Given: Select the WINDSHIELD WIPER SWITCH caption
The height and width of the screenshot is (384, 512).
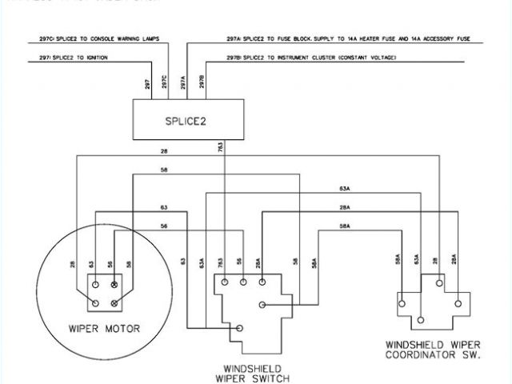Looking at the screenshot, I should (x=251, y=373).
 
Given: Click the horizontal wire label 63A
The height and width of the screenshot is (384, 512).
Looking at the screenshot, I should (x=345, y=190).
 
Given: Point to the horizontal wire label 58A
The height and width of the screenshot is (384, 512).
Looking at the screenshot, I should (x=345, y=227).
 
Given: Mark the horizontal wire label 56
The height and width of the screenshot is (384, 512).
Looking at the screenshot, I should (x=163, y=227).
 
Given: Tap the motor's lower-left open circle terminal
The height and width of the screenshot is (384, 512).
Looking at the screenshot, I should (x=95, y=302).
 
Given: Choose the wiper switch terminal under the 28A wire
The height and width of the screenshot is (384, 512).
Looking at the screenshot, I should (x=262, y=282).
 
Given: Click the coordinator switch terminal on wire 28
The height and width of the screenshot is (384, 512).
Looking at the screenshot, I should (x=437, y=281).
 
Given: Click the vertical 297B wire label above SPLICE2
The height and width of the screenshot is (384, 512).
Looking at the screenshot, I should (x=203, y=84).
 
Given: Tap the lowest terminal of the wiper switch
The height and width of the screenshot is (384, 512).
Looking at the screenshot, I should (x=242, y=326).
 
